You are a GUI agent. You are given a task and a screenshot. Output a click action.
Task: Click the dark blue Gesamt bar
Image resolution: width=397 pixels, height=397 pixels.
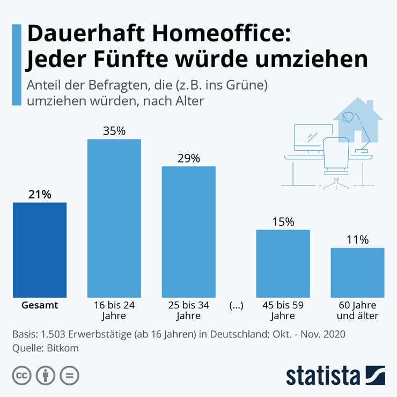pyautogui.click(x=40, y=249)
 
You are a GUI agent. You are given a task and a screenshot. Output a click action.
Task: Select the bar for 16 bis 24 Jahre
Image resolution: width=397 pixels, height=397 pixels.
pyautogui.click(x=114, y=218)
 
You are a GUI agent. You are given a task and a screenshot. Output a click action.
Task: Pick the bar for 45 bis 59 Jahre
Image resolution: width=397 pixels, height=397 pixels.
pyautogui.click(x=283, y=263)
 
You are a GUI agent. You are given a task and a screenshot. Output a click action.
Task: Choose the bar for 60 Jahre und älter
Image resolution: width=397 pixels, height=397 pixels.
pyautogui.click(x=357, y=272)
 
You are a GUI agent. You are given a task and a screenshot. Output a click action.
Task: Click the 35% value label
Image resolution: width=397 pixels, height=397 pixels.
pyautogui.click(x=114, y=130)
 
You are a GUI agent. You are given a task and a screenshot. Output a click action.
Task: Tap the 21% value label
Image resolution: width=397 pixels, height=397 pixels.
pyautogui.click(x=40, y=194)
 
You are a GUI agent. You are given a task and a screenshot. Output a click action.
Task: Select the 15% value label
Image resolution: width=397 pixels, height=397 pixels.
pyautogui.click(x=283, y=222)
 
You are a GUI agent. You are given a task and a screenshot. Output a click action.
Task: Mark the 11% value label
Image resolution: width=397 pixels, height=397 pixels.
pyautogui.click(x=357, y=239)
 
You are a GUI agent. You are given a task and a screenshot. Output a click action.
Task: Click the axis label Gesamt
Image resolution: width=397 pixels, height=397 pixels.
pyautogui.click(x=40, y=305)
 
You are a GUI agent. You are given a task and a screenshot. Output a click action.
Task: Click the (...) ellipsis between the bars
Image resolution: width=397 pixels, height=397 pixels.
pyautogui.click(x=236, y=305)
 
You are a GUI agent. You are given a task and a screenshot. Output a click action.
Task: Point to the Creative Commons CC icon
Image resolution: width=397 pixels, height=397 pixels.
pyautogui.click(x=22, y=375)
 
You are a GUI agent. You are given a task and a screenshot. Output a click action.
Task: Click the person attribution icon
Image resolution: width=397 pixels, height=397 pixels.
pyautogui.click(x=46, y=375)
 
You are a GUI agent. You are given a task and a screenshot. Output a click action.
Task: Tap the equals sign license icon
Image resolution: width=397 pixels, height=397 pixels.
pyautogui.click(x=69, y=375)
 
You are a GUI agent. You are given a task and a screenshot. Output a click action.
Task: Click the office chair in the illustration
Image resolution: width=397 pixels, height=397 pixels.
pyautogui.click(x=337, y=158)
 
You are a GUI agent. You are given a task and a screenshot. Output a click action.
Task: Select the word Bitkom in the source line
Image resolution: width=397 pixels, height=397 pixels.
pyautogui.click(x=63, y=348)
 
